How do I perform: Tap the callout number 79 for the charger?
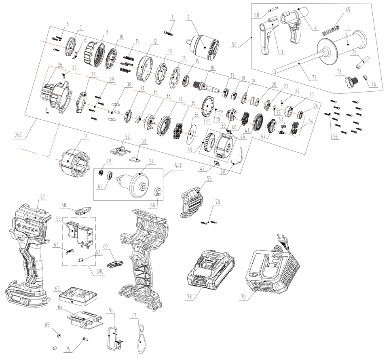tap(243, 298)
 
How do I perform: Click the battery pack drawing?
tap(209, 269)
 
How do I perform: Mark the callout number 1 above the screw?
tap(172, 17)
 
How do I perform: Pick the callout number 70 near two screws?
tap(218, 200)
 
